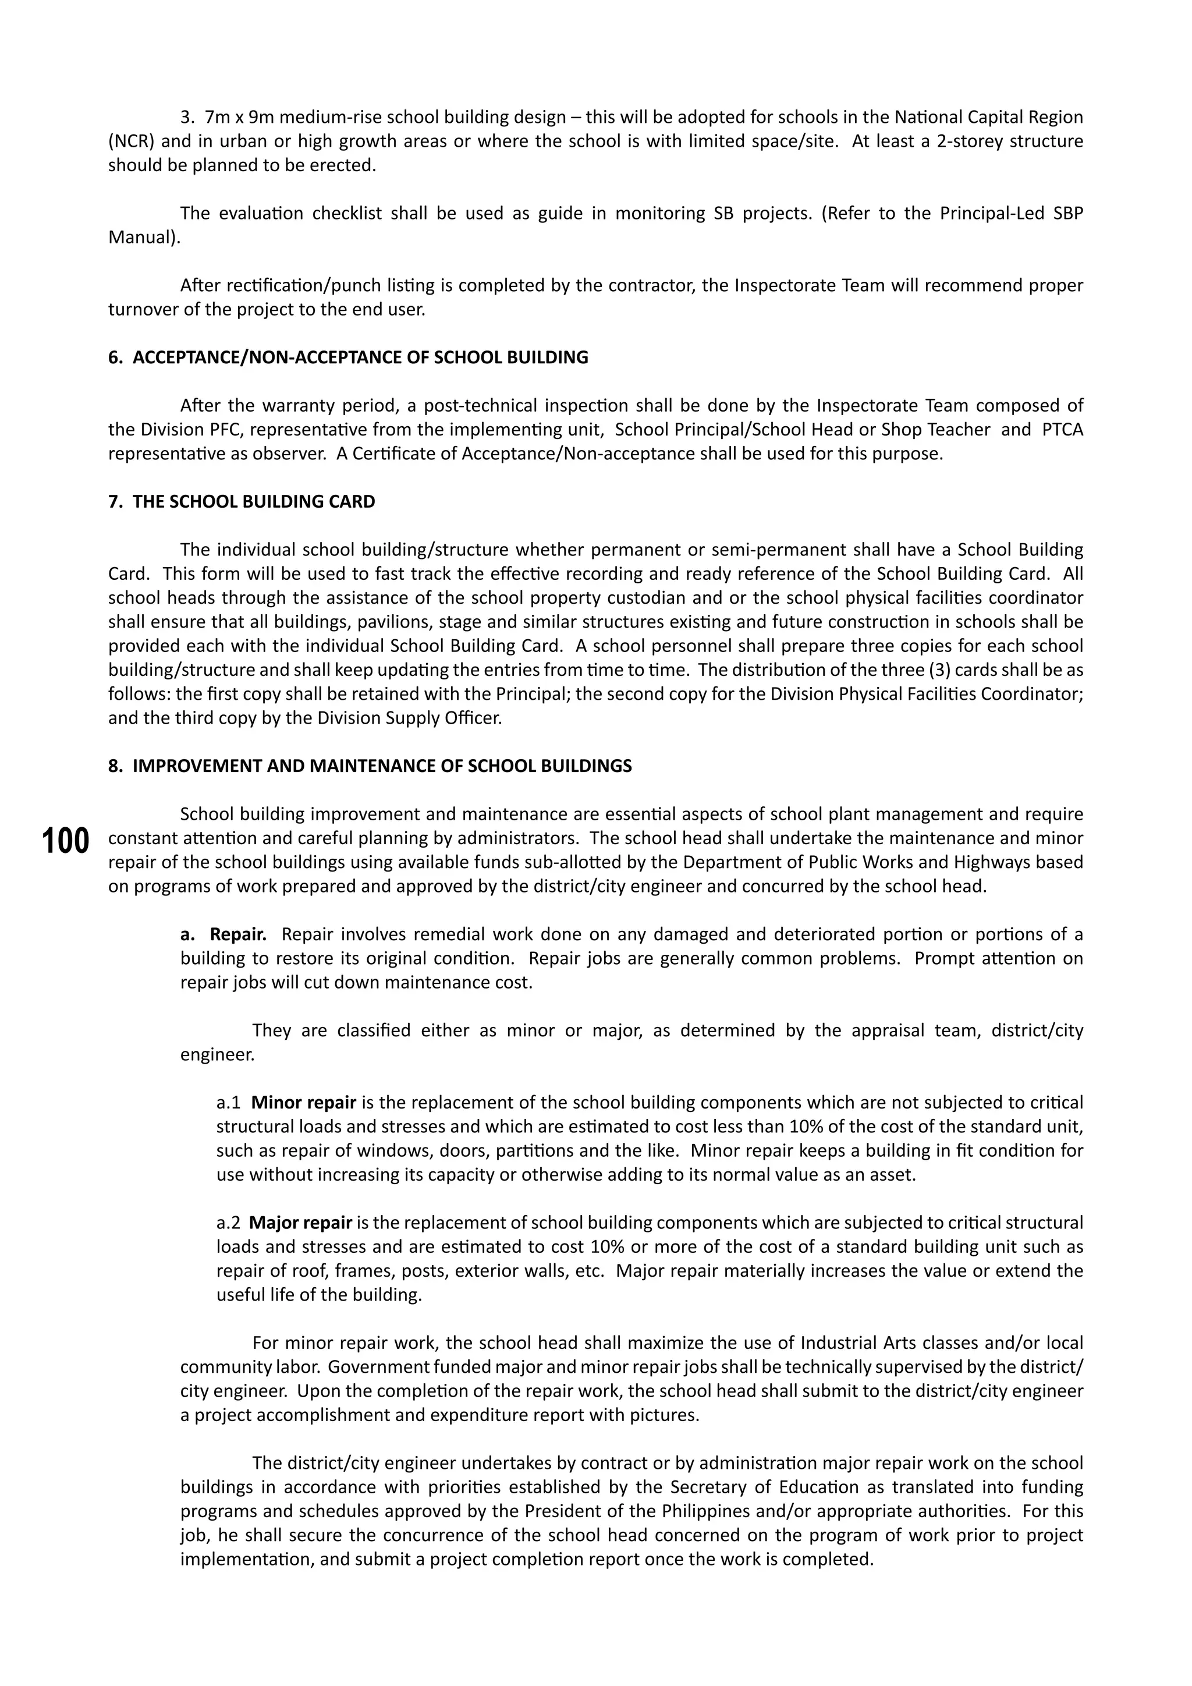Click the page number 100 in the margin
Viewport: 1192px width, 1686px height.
click(65, 841)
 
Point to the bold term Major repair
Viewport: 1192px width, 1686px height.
click(300, 1223)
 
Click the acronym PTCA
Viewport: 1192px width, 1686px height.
click(1062, 430)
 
